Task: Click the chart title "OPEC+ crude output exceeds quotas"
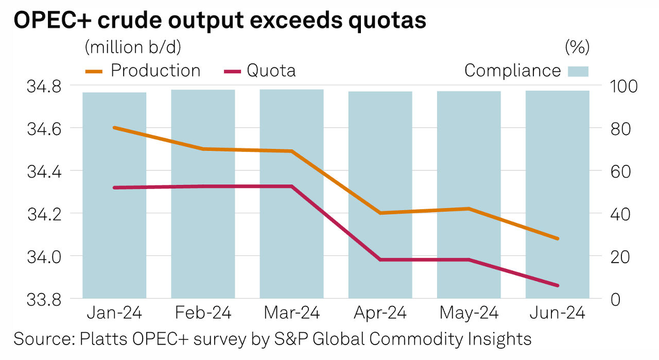click(x=220, y=20)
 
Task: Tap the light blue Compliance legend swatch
click(x=578, y=71)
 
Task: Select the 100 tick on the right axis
click(x=622, y=86)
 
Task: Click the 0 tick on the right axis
click(x=614, y=299)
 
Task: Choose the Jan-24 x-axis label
click(x=114, y=313)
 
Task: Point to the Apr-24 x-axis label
click(x=380, y=313)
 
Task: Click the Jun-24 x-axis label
click(x=558, y=313)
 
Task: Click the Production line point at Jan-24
click(x=114, y=128)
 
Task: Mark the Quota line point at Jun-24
click(x=557, y=285)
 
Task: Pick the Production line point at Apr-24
click(x=380, y=213)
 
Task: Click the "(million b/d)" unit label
click(x=133, y=47)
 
